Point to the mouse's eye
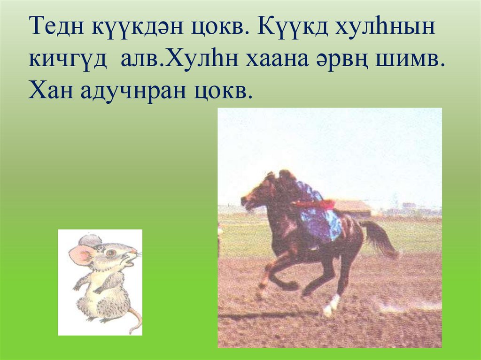111,253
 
